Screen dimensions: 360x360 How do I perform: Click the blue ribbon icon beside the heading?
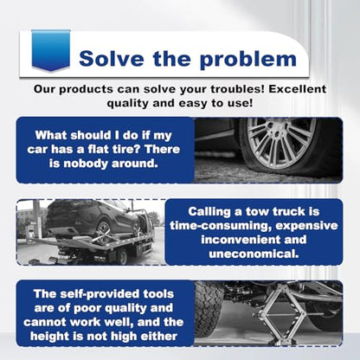click(x=51, y=50)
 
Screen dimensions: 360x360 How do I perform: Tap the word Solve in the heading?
click(x=112, y=59)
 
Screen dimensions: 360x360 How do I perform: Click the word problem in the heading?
click(x=248, y=60)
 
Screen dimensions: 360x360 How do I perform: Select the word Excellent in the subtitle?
click(x=298, y=89)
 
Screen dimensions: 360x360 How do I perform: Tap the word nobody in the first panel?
click(x=85, y=164)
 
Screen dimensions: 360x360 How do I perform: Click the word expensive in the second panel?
click(x=306, y=226)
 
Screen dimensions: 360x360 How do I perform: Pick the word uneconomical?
click(x=254, y=254)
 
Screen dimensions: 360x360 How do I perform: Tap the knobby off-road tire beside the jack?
click(x=209, y=309)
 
